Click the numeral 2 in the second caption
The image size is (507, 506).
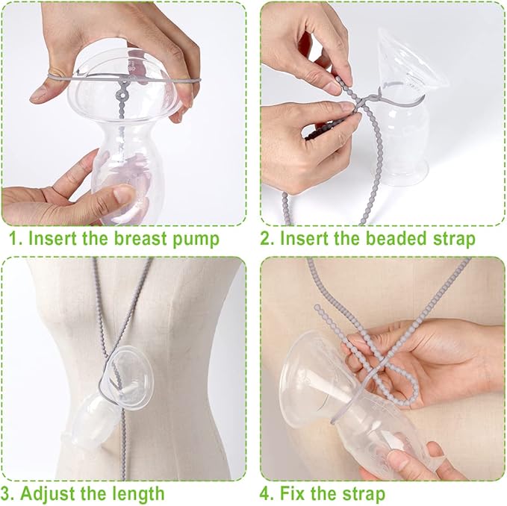(269, 240)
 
